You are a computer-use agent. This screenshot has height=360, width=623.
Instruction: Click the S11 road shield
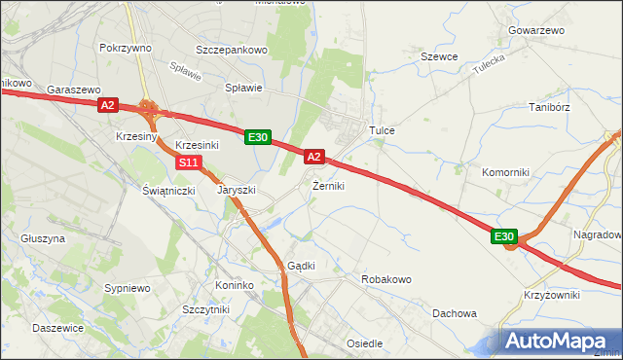pos(190,162)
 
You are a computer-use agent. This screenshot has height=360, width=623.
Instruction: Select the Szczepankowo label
pos(231,47)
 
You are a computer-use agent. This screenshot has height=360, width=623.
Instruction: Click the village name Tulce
pos(380,129)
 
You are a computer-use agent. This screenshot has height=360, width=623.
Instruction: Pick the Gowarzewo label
pos(535,30)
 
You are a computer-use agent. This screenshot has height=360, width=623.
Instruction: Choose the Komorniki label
pos(505,172)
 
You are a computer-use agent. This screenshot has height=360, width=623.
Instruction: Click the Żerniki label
pos(328,185)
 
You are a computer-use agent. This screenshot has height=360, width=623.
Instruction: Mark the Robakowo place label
pos(386,279)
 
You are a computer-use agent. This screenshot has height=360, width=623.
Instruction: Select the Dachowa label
pos(455,313)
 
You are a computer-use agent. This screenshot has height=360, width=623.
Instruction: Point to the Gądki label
pos(301,266)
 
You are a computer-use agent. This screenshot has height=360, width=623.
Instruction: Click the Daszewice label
pos(57,328)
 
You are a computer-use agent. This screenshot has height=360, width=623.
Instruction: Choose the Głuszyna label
pos(42,237)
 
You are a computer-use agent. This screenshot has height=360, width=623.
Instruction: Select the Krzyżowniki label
pos(552,295)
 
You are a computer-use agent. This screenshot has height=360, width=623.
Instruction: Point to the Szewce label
pos(439,56)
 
